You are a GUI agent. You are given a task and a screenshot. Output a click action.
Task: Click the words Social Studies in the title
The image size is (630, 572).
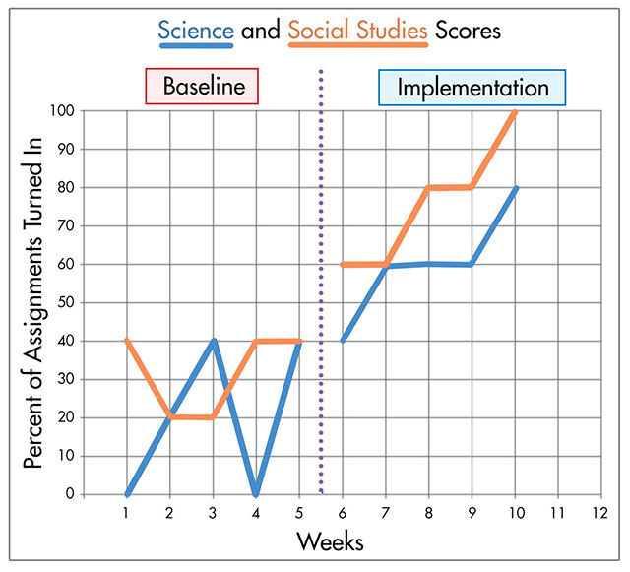[x=358, y=31]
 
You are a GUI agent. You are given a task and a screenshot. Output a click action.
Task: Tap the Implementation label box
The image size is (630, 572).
[x=472, y=88]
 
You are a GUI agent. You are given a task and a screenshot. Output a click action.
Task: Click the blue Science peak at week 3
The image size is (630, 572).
[x=213, y=342]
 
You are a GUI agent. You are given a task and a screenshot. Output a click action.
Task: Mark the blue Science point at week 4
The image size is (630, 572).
[x=256, y=492]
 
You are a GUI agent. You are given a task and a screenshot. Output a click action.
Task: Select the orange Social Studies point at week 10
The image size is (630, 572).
[x=515, y=111]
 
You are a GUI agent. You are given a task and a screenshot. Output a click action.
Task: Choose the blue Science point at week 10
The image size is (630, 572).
[x=515, y=188]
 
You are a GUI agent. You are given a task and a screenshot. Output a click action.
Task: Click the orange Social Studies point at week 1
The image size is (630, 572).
[x=127, y=341]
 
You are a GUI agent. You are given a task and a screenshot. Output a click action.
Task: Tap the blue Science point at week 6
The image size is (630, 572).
[x=343, y=341]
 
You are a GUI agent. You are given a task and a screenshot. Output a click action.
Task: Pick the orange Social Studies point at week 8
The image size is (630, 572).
[x=428, y=188]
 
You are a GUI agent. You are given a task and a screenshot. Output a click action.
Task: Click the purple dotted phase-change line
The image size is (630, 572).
[x=322, y=295]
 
